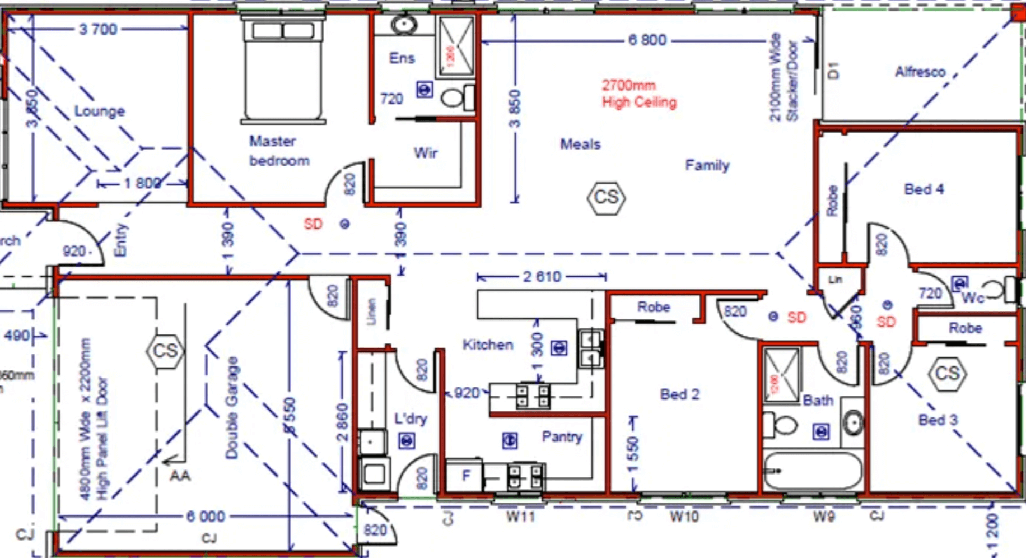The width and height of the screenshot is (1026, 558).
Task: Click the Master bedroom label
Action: coord(278,151)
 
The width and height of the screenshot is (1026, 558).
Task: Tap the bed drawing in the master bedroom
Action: coord(283,70)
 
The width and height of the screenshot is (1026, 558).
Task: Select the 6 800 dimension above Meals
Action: coord(647,40)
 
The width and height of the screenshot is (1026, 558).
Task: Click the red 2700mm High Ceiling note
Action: coord(638,94)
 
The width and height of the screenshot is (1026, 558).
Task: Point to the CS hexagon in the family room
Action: coord(606,197)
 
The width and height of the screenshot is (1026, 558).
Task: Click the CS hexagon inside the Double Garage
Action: coord(165,351)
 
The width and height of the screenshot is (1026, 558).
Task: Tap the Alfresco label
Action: coord(920,72)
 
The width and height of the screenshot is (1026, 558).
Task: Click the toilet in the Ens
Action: coord(456,98)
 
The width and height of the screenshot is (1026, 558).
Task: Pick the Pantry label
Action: coord(562,436)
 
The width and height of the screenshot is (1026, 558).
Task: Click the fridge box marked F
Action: coord(465,476)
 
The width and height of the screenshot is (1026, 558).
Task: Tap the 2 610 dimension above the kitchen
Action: coord(542,277)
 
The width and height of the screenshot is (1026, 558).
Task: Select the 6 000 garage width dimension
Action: coord(206,516)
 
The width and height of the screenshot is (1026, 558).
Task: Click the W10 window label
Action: coord(684,516)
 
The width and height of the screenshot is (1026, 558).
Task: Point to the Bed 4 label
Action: coord(924,189)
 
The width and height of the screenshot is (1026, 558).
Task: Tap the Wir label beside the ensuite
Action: coord(425,153)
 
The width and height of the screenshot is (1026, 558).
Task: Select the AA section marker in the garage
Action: coord(180,476)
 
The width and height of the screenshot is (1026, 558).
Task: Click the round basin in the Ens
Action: coord(403,25)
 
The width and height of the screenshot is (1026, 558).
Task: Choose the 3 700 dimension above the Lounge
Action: coord(98,29)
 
